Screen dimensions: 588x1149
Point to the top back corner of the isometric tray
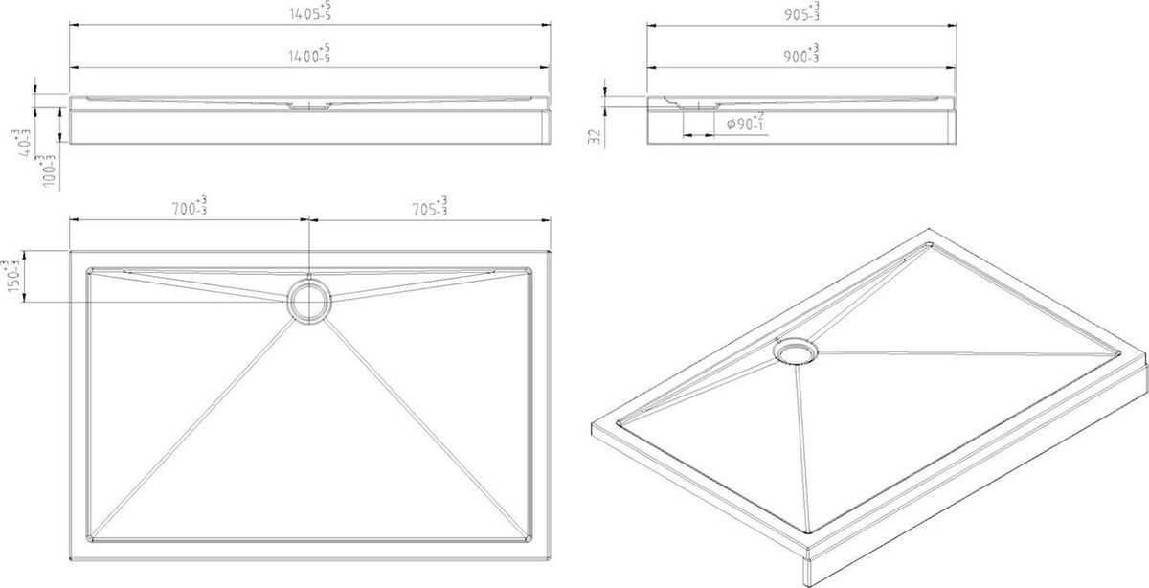tap(930, 229)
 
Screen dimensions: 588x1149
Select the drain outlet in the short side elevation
tap(698, 107)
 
